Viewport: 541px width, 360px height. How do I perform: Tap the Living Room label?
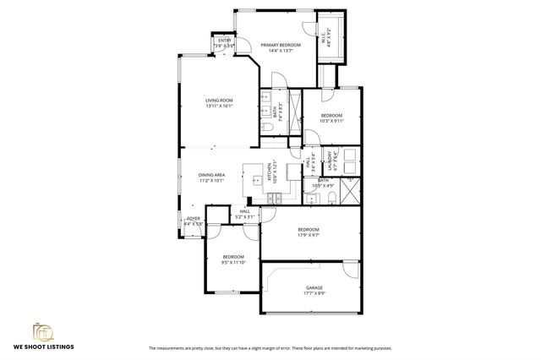coord(219,101)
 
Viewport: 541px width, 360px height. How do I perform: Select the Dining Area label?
coord(211,174)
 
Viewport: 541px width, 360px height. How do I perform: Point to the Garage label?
coord(314,288)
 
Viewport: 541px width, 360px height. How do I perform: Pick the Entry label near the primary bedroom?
coord(225,40)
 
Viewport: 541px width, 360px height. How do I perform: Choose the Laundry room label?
coord(342,158)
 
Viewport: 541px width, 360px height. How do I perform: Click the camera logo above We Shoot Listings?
coord(42,330)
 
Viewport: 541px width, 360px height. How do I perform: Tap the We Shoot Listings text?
coord(42,347)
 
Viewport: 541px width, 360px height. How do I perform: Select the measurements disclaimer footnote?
coord(270,347)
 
